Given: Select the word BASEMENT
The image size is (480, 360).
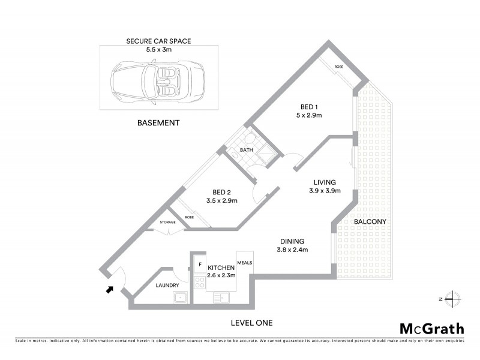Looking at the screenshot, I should [x=159, y=123].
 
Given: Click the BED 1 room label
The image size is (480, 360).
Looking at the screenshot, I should [x=308, y=107].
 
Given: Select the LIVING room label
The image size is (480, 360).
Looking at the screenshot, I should [x=323, y=182].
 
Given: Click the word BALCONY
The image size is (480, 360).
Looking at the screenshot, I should [x=369, y=221].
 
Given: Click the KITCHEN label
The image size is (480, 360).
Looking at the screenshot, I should [x=221, y=268].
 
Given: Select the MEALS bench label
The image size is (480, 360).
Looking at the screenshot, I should [x=245, y=262].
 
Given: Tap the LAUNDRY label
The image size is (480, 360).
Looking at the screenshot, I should [x=168, y=286].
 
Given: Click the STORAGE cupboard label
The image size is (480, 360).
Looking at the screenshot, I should [x=167, y=222].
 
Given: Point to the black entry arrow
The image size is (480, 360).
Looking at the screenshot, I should [x=109, y=290].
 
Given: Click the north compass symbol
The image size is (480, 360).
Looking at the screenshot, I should [x=452, y=298].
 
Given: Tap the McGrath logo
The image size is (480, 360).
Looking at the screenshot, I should [x=431, y=328].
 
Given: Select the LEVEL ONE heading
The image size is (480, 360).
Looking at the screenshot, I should [x=251, y=323].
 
